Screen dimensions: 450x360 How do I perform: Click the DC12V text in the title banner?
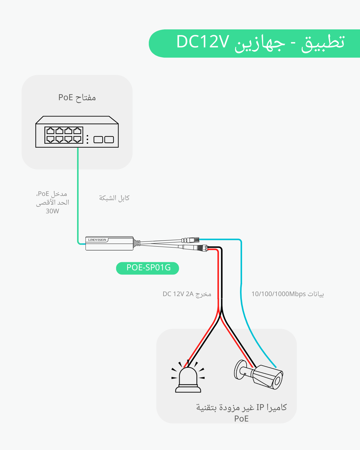pos(203,42)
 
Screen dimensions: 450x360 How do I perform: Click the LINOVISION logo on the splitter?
pos(97,240)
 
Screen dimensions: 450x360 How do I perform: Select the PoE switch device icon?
pos(77,132)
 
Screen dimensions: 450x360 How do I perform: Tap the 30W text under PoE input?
pos(52,211)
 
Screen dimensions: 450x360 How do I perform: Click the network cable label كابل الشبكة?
pos(114,198)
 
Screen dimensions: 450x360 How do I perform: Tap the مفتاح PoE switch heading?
pos(77,97)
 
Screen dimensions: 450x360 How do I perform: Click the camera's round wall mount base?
pos(239,370)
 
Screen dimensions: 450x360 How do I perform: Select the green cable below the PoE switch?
pos(78,195)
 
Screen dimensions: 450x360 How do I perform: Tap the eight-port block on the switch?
pos(64,135)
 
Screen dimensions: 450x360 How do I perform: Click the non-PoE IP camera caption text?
pos(241,412)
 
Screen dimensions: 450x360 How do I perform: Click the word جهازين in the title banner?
pos(260,43)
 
